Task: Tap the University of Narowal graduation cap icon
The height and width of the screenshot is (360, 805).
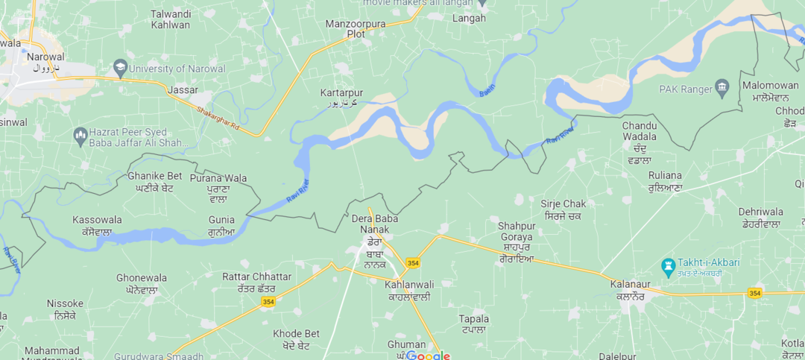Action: [x=119, y=69]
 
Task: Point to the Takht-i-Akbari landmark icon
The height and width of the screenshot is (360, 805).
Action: [x=668, y=265]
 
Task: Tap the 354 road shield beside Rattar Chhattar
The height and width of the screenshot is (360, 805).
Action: [x=268, y=302]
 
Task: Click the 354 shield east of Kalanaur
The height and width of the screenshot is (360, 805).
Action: [x=754, y=293]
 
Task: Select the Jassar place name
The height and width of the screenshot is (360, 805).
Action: [x=183, y=90]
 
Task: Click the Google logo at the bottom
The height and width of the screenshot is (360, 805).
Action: [x=428, y=356]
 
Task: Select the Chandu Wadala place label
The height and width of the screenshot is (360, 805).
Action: [x=640, y=130]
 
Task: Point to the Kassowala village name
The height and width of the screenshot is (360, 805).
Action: [x=97, y=220]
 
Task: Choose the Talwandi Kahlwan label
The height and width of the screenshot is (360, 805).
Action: [x=170, y=19]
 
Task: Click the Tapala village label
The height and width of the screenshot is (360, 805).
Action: [x=474, y=319]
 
